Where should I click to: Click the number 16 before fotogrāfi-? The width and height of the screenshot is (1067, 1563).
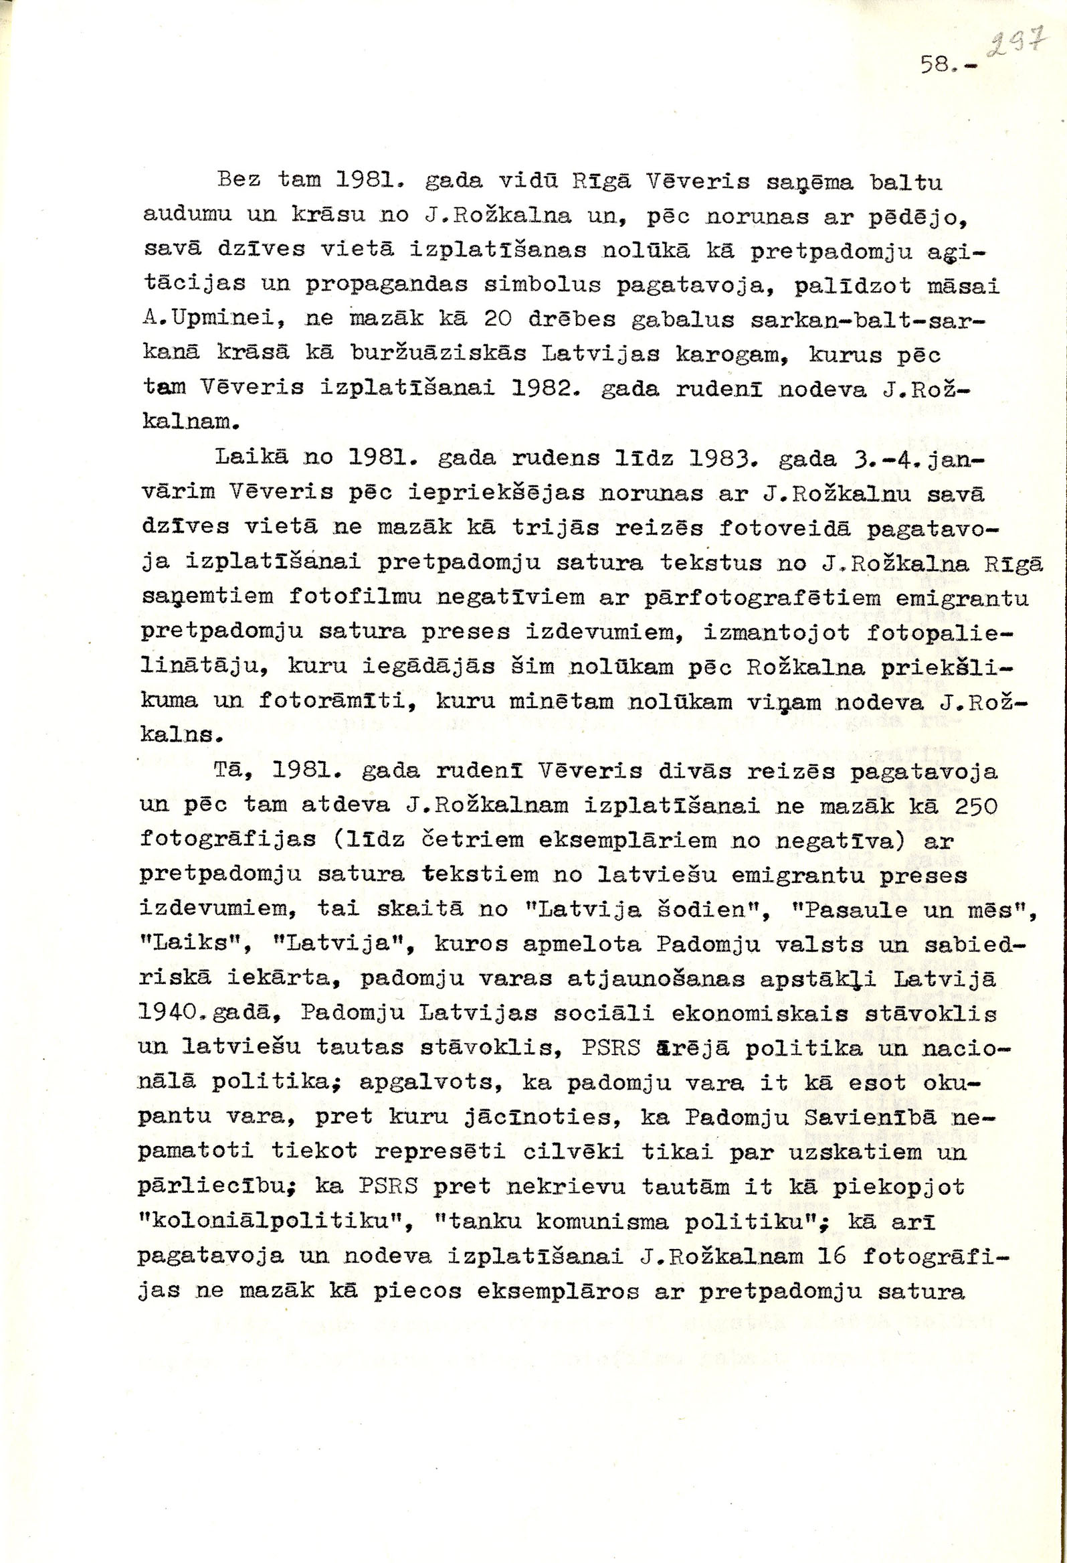coord(832,1256)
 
